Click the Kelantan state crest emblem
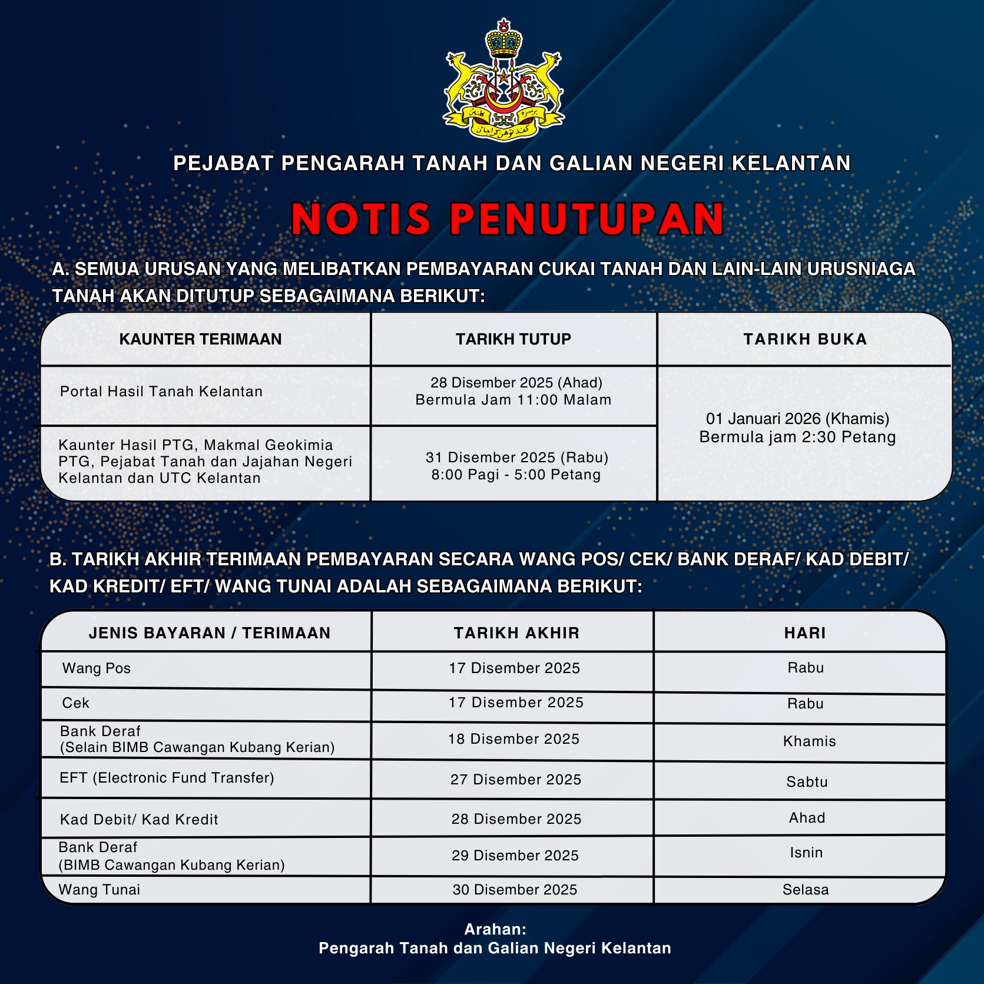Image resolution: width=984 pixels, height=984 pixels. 503,79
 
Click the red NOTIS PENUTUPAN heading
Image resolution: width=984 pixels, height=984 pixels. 507,218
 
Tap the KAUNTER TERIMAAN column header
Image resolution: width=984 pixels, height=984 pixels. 200,339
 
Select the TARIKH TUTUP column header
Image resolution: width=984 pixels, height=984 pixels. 513,339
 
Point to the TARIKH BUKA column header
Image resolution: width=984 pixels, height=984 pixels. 804,339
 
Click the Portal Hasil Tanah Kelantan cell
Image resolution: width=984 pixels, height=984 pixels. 161,392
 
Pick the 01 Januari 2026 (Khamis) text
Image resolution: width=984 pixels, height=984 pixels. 797,419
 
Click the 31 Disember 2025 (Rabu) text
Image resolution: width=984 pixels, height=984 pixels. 516,458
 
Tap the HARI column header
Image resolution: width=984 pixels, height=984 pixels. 804,633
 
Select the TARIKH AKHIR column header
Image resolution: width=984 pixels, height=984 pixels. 516,633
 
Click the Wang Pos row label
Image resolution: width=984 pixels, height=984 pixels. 97,668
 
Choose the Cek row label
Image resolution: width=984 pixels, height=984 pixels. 76,703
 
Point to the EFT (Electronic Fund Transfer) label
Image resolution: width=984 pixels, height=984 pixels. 167,778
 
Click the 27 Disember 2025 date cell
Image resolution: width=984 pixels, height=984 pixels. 515,780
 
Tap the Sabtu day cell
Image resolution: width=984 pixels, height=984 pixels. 807,782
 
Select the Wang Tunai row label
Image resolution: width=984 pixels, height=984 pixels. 100,890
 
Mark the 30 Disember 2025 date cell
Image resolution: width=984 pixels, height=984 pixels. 515,890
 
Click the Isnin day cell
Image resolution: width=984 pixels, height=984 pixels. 806,853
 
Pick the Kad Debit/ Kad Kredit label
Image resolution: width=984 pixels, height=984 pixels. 139,820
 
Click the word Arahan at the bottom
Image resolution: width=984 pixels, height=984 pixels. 495,929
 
